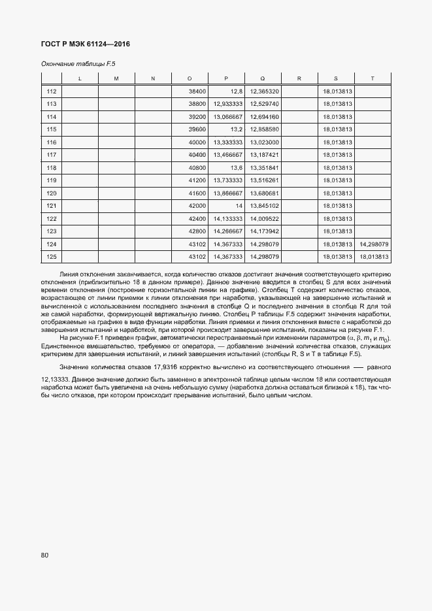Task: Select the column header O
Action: pyautogui.click(x=189, y=78)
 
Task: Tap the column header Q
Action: pyautogui.click(x=262, y=78)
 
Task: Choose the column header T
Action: pyautogui.click(x=373, y=78)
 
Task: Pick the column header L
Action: pyautogui.click(x=79, y=78)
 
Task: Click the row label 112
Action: pyautogui.click(x=52, y=91)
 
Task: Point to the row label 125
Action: pyautogui.click(x=52, y=257)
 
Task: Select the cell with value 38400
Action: pyautogui.click(x=197, y=91)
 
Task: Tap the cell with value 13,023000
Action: pyautogui.click(x=265, y=142)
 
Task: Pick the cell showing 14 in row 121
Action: pyautogui.click(x=239, y=206)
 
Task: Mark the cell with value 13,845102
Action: pyautogui.click(x=265, y=206)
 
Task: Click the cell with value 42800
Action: pyautogui.click(x=197, y=231)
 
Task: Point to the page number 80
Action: pyautogui.click(x=44, y=555)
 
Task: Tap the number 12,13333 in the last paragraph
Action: pyautogui.click(x=55, y=380)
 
